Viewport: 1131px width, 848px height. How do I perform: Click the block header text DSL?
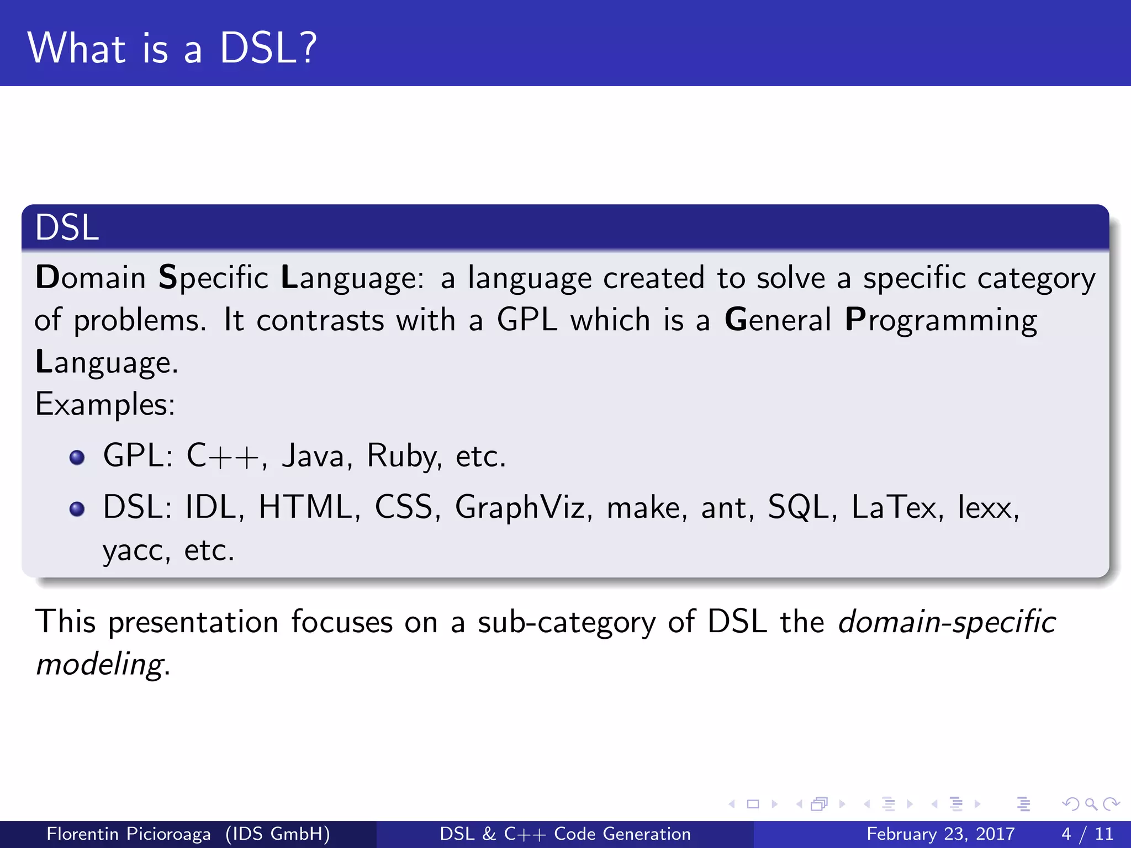pos(67,227)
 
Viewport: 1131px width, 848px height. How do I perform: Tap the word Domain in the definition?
pos(91,277)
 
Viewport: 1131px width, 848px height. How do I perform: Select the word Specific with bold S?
pos(213,278)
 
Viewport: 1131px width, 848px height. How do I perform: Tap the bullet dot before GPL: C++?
pos(77,458)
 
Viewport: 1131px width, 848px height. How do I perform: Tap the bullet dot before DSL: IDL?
pos(77,509)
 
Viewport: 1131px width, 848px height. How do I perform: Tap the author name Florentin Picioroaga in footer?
pos(129,834)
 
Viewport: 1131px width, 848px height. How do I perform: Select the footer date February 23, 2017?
pos(940,834)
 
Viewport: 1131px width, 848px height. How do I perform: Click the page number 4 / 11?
pos(1087,834)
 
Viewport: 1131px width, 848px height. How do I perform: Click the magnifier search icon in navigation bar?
pos(1091,804)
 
